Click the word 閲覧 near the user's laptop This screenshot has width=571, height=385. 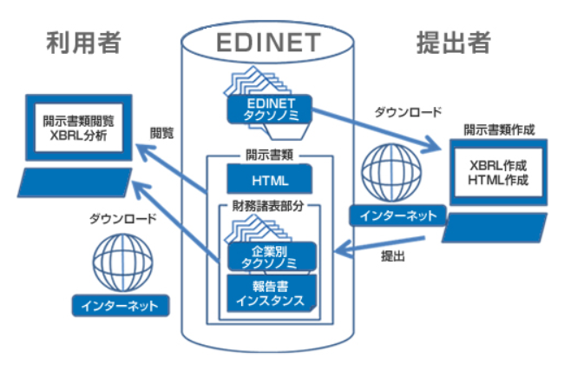[x=162, y=133]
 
